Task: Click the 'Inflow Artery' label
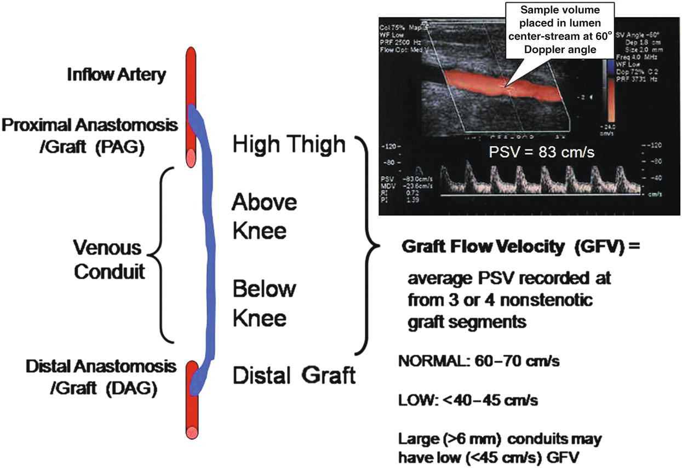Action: click(x=116, y=75)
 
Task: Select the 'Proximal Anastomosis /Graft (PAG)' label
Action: click(x=90, y=136)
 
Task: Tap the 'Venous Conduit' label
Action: click(x=109, y=259)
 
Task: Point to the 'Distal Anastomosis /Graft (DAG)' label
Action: click(x=101, y=377)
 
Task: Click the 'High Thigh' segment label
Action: click(x=289, y=145)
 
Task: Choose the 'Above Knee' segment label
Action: click(x=265, y=216)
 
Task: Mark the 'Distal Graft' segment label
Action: click(x=294, y=375)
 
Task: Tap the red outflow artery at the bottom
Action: click(x=190, y=416)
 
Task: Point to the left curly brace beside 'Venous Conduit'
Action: click(x=156, y=255)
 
